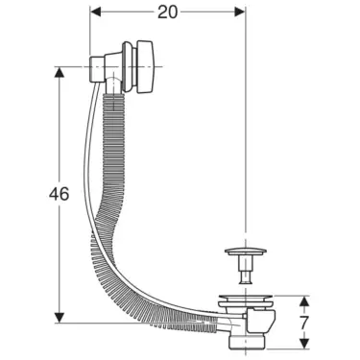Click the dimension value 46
coord(31,196)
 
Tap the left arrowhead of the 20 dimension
coord(95,12)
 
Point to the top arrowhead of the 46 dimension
coord(61,72)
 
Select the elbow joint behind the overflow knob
coord(101,69)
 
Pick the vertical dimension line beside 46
coord(61,192)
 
